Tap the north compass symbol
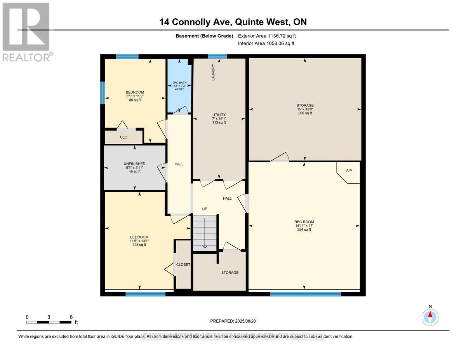click(x=430, y=317)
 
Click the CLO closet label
click(x=123, y=137)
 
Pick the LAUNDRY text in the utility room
click(x=213, y=73)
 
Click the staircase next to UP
click(x=205, y=233)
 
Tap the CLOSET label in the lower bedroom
click(x=183, y=264)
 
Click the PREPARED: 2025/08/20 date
click(x=233, y=321)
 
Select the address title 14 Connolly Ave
click(x=233, y=22)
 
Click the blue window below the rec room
click(x=305, y=294)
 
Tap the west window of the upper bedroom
click(x=103, y=93)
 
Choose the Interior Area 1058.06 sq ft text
click(x=266, y=43)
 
